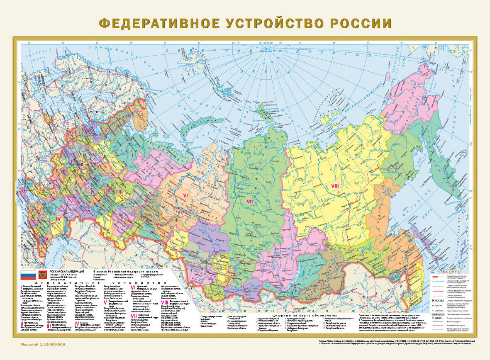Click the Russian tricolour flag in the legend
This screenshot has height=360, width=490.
[28, 275]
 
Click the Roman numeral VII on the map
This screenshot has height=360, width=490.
[250, 202]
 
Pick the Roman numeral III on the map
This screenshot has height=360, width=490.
[120, 192]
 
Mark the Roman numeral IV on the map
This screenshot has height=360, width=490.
[59, 218]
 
